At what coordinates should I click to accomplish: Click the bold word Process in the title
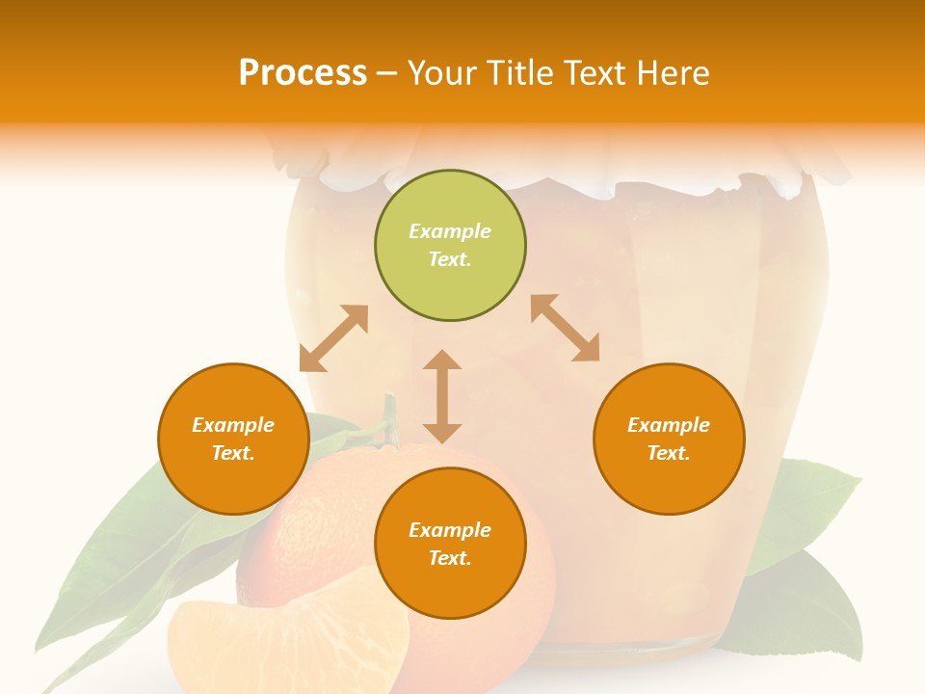(303, 72)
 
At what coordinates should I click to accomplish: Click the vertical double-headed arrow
(442, 396)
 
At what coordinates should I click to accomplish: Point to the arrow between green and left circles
(333, 338)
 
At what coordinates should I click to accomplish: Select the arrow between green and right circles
(565, 328)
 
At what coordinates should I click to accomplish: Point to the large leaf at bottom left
(116, 569)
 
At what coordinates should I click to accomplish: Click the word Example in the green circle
(450, 231)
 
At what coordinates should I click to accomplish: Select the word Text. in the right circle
(669, 453)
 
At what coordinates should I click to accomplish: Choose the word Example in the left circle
(233, 425)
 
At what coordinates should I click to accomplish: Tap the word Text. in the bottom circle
(450, 558)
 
